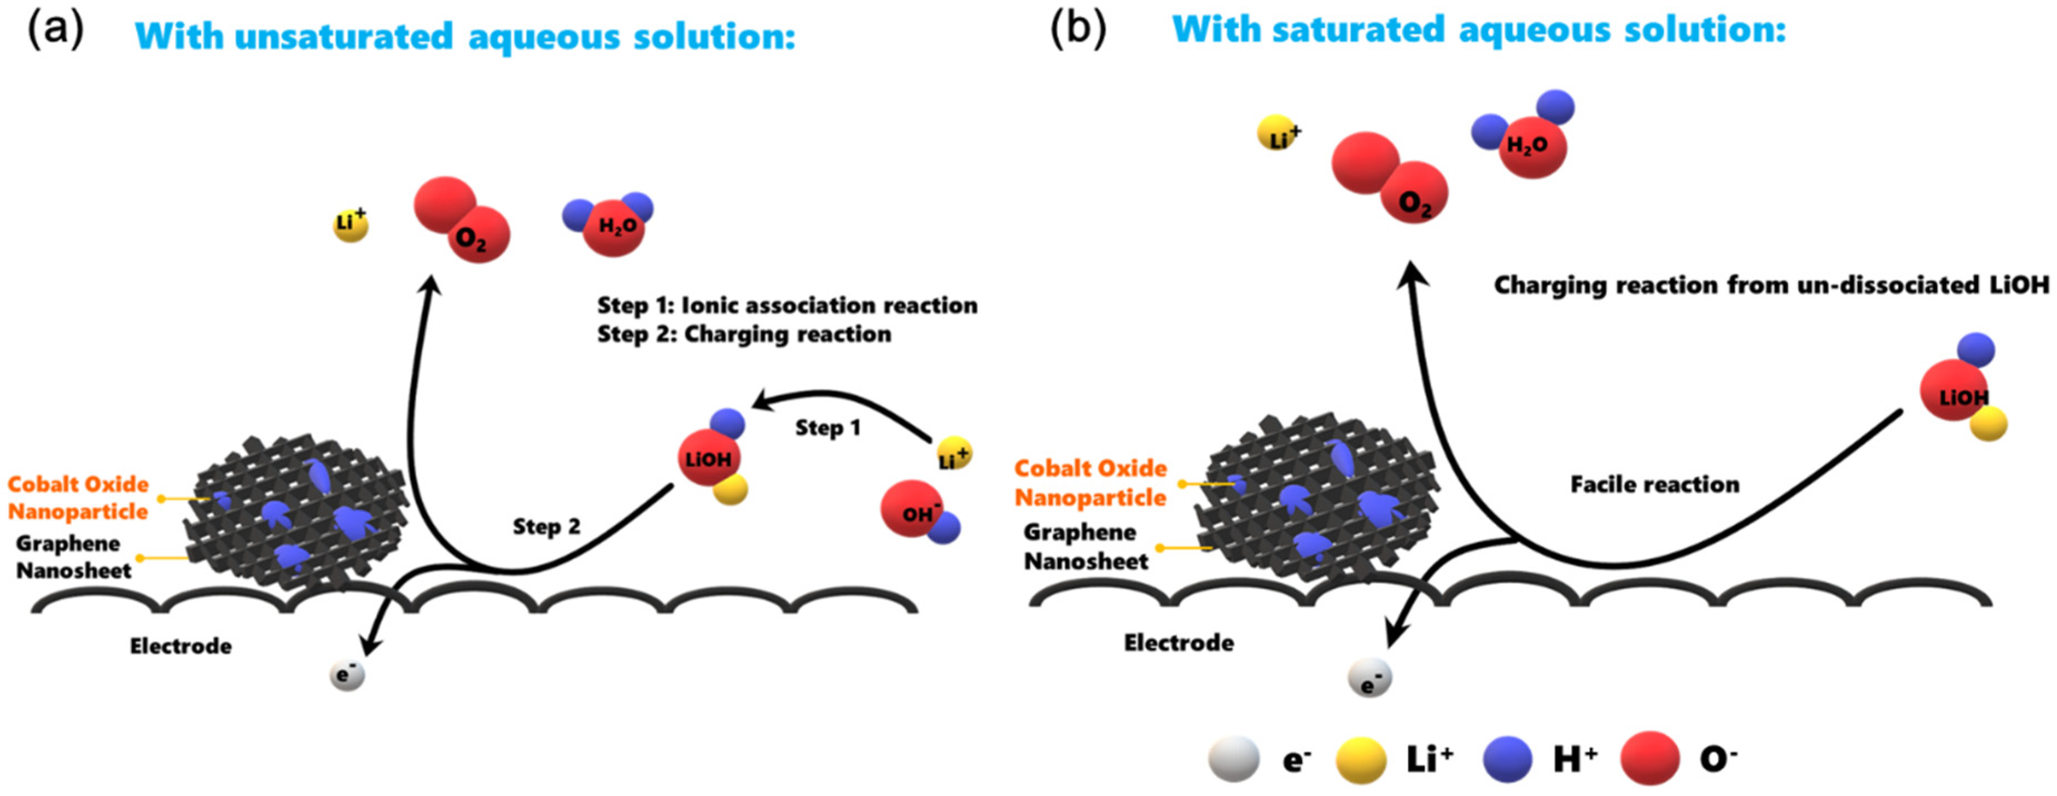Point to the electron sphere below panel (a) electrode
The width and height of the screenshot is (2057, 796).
coord(347,675)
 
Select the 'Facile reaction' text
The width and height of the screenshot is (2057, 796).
coord(1655,484)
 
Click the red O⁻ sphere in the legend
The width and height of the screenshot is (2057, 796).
coord(1650,758)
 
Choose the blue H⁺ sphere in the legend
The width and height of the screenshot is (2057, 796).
coord(1507,758)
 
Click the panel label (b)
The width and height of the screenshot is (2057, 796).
coord(1077,31)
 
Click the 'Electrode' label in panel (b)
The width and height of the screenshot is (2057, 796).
coord(1179,643)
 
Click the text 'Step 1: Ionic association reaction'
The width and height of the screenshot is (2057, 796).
coord(787,306)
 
